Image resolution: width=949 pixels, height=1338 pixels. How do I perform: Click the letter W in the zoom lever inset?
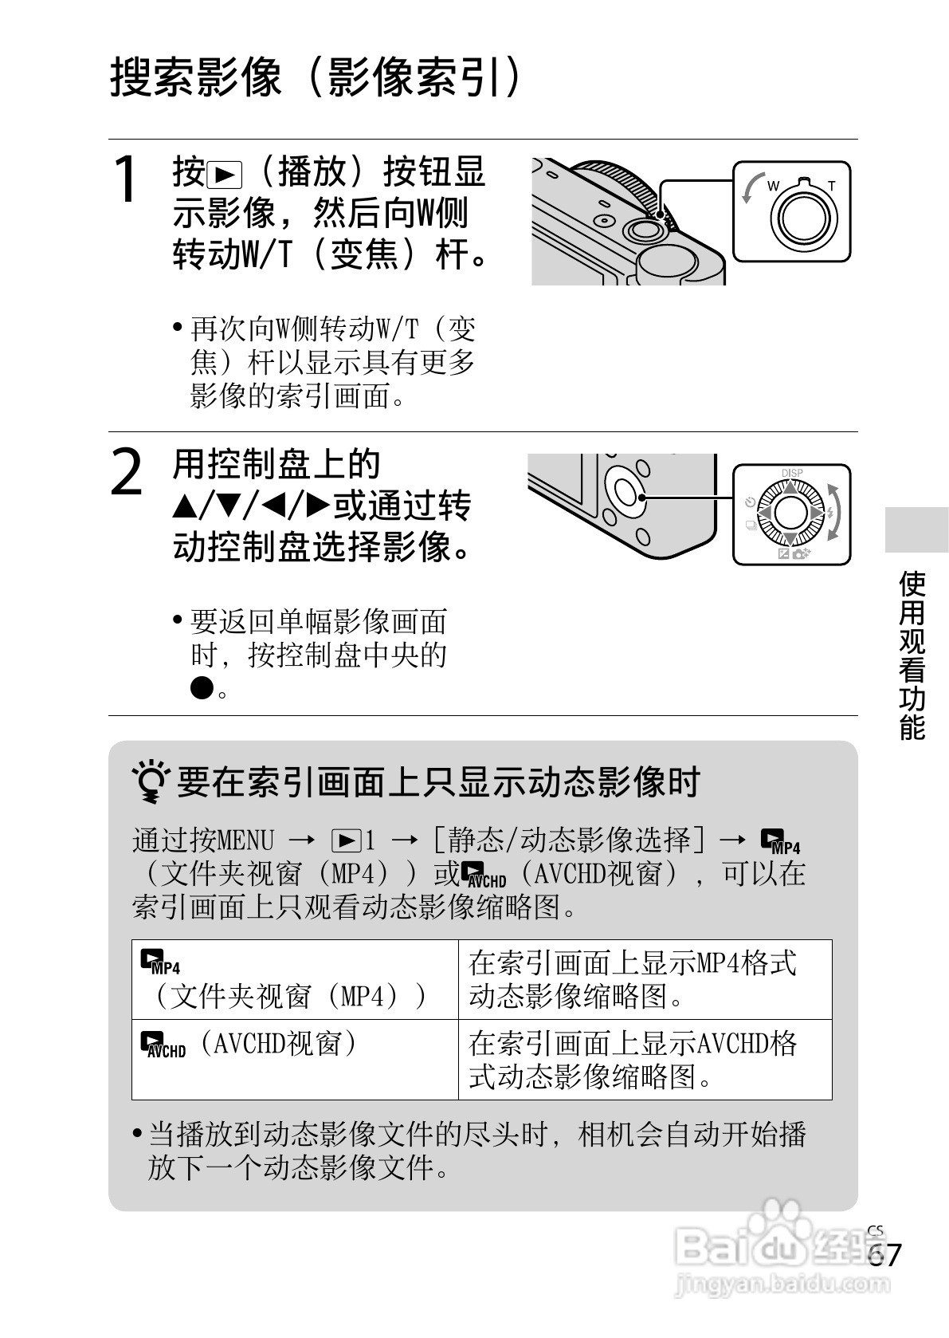pos(773,187)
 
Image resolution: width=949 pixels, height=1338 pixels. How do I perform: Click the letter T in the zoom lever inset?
pos(831,187)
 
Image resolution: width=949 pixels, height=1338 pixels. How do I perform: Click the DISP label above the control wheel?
pos(791,473)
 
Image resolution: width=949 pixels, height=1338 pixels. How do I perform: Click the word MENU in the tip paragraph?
pos(245,840)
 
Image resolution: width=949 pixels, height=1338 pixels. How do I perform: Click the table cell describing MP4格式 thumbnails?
pos(644,979)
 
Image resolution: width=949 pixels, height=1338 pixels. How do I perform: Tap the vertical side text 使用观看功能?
pos(912,655)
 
